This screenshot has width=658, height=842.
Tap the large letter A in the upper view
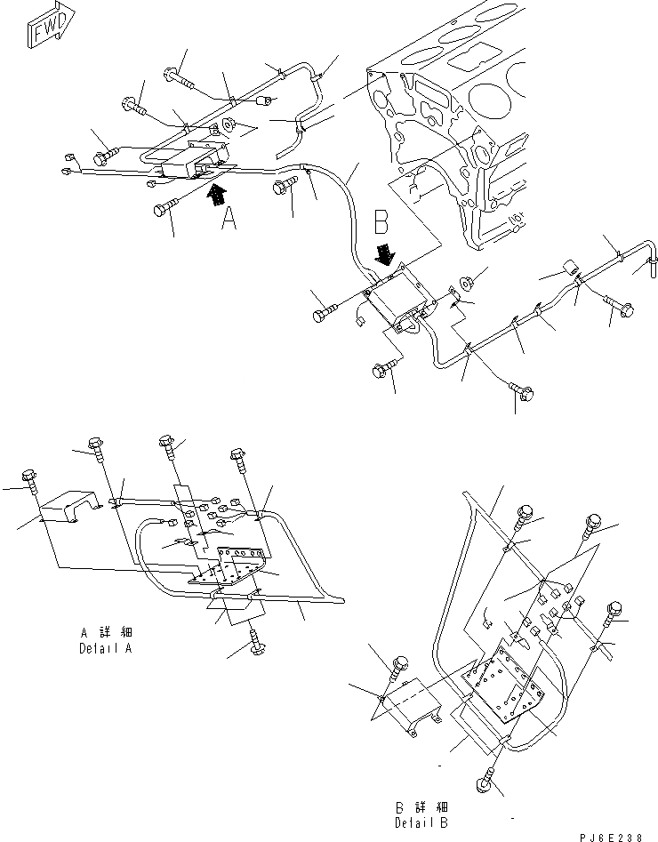(x=229, y=218)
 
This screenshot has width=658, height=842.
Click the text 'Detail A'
(x=108, y=649)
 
